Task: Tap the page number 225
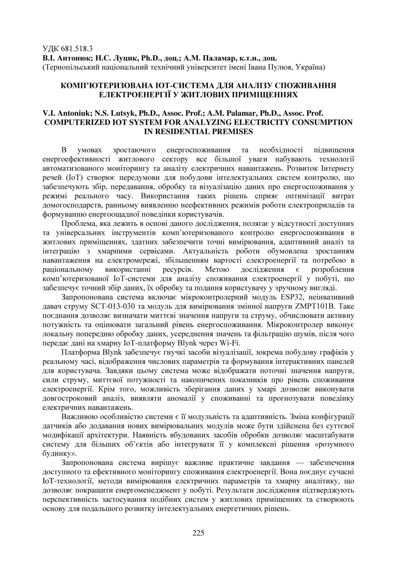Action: [x=198, y=532]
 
